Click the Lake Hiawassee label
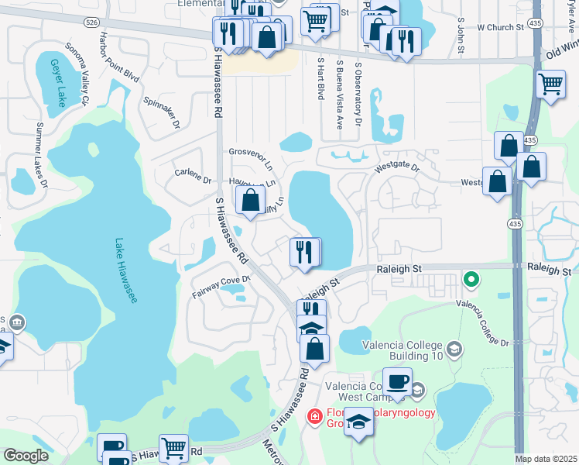click(x=125, y=270)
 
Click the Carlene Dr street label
click(x=193, y=175)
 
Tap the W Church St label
click(x=501, y=27)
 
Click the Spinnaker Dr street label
click(x=162, y=113)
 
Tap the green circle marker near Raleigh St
click(x=470, y=278)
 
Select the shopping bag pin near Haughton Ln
click(x=250, y=200)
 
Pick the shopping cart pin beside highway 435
click(x=550, y=84)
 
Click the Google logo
click(x=26, y=456)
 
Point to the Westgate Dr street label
click(x=396, y=167)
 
